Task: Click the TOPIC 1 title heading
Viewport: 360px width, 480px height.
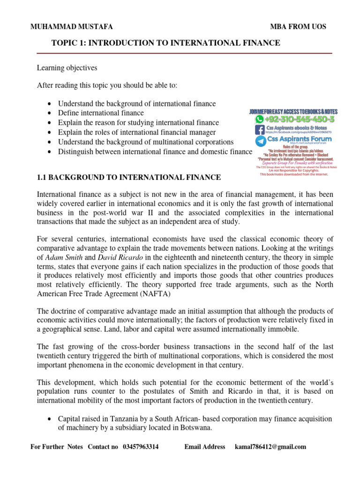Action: coord(166,43)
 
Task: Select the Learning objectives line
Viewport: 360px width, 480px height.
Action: coord(67,68)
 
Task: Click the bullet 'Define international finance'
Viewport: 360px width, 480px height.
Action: coord(101,113)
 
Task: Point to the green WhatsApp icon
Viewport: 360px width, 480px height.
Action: coord(259,119)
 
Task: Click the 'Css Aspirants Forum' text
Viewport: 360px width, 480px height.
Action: coord(299,139)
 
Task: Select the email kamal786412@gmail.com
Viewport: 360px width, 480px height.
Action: coord(270,447)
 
